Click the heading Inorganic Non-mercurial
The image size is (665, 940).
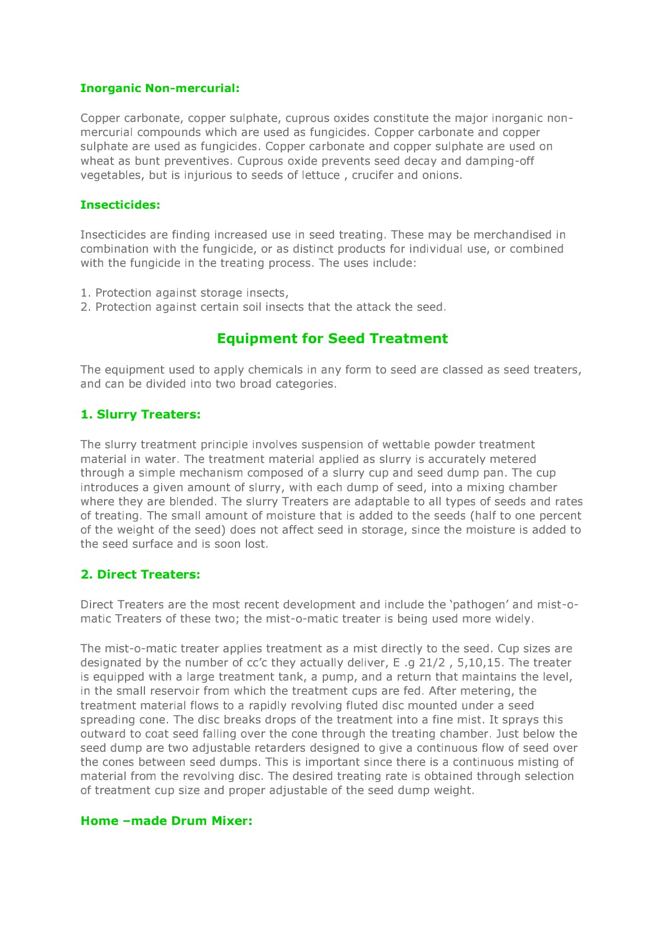point(160,88)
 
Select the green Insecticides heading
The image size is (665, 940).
point(120,205)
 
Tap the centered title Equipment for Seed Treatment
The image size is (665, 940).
point(332,338)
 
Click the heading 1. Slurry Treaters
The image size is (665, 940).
point(140,414)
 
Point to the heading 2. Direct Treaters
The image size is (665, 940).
point(140,574)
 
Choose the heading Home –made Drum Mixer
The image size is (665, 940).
point(166,821)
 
